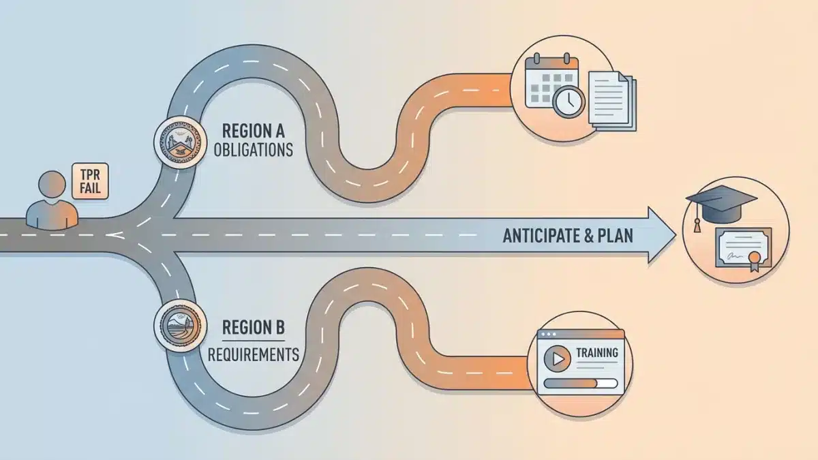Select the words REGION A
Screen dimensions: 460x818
(x=254, y=129)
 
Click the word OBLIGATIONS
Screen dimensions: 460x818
(x=254, y=150)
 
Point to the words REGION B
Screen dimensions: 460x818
(x=253, y=328)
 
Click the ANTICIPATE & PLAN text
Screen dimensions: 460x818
(x=568, y=236)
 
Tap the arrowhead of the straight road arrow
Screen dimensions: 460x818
(x=658, y=235)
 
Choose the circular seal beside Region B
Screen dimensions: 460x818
(x=181, y=326)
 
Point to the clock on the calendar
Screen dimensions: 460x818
(x=568, y=103)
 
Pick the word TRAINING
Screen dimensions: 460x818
(x=597, y=353)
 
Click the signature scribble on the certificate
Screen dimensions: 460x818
(x=735, y=256)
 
